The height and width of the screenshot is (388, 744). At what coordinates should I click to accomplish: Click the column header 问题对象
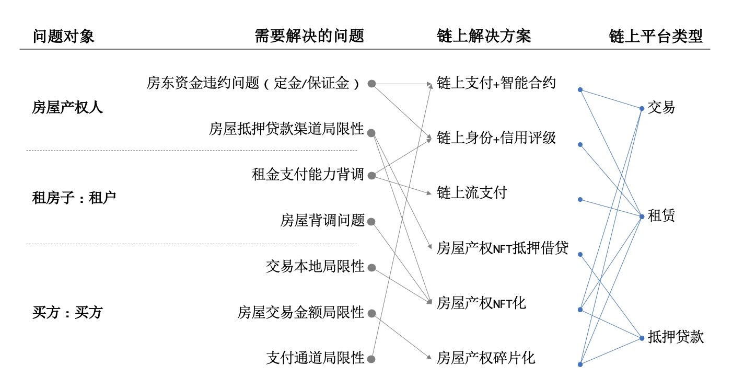[x=63, y=36]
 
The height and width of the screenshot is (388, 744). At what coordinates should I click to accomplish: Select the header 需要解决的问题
[x=309, y=36]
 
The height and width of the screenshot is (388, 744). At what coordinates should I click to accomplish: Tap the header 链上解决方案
[x=483, y=36]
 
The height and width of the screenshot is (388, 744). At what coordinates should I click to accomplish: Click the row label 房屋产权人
[x=67, y=108]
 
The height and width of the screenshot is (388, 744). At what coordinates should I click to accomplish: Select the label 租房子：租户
[x=74, y=198]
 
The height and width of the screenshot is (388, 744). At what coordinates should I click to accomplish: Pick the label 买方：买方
[x=67, y=313]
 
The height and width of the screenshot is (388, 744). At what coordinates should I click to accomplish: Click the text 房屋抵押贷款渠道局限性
[x=286, y=129]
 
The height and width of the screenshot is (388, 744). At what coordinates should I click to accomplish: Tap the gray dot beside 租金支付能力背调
[x=371, y=176]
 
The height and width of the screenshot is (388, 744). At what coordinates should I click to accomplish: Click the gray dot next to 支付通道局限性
[x=371, y=359]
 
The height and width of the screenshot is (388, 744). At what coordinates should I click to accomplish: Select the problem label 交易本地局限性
[x=315, y=267]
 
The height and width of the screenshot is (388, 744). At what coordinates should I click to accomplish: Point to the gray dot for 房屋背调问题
[x=371, y=222]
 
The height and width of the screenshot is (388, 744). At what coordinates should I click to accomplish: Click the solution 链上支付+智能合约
[x=496, y=83]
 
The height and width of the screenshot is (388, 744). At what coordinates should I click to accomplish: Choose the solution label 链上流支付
[x=471, y=193]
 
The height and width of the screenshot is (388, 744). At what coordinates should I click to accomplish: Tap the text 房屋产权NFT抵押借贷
[x=502, y=248]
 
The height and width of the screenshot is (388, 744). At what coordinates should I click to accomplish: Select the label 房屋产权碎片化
[x=485, y=358]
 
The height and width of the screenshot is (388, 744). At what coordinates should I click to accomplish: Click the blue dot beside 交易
[x=642, y=109]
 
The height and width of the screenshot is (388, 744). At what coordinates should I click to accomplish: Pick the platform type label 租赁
[x=661, y=215]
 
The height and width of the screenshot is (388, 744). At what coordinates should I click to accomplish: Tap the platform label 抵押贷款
[x=676, y=337]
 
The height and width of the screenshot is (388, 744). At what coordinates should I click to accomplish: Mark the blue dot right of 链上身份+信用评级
[x=580, y=144]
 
